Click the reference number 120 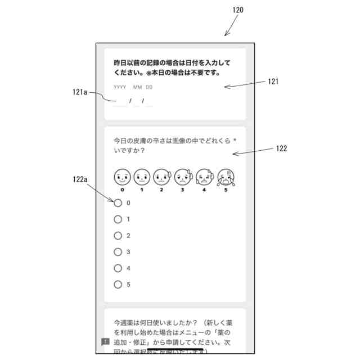point(238,10)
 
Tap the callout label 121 point(273,82)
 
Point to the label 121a point(80,92)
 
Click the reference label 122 point(281,149)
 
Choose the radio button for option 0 point(118,203)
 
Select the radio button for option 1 point(118,219)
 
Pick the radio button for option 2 point(118,236)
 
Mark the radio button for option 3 point(118,252)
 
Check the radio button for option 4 point(118,268)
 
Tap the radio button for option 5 point(118,285)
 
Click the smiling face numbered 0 point(122,177)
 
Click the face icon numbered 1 point(142,177)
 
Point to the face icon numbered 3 point(182,177)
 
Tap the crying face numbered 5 point(226,177)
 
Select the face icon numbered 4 point(204,177)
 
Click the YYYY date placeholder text point(120,87)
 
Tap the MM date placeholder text point(137,87)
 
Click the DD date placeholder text point(149,87)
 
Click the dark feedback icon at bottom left point(105,341)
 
